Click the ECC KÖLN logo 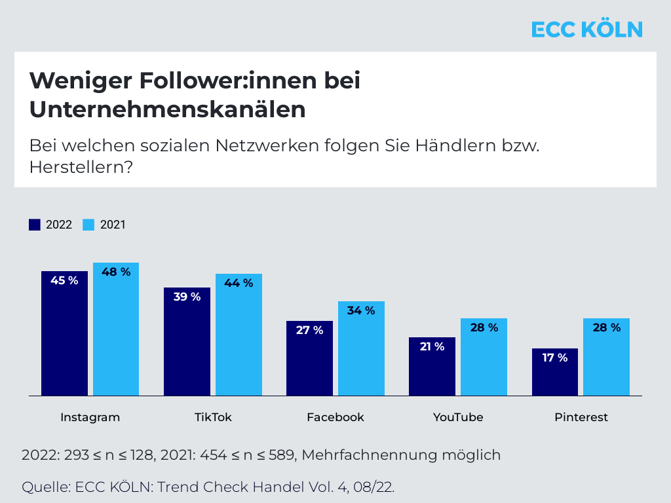click(586, 29)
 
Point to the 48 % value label click(116, 272)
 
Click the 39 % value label click(187, 297)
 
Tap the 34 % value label click(361, 310)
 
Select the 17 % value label click(554, 358)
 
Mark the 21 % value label click(432, 346)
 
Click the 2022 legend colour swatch click(35, 225)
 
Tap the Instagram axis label click(90, 417)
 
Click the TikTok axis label click(213, 417)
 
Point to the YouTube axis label click(458, 417)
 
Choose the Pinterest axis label click(581, 417)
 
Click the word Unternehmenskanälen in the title click(167, 109)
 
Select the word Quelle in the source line click(45, 487)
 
